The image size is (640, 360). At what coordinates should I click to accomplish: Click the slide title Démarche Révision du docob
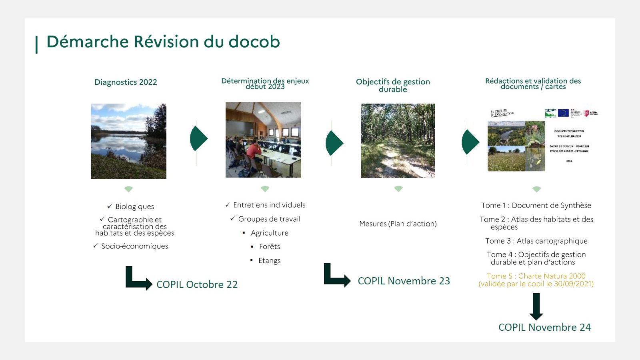point(163,42)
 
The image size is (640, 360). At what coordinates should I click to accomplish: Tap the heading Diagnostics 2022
point(126,82)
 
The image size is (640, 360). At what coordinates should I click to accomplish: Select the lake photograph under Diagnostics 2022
point(128,141)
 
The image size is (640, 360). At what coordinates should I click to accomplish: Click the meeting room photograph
point(263,140)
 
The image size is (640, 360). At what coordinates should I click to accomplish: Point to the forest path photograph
point(398,141)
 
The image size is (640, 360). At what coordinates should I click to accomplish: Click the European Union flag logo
point(563,113)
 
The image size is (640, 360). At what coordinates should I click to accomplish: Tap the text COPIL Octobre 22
point(197,284)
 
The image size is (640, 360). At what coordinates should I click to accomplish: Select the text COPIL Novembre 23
point(404,281)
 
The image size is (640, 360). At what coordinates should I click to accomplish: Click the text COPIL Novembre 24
point(544,327)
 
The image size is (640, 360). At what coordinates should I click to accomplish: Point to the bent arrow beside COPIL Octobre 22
point(137,278)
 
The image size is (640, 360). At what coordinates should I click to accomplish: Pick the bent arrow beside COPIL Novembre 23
point(336,275)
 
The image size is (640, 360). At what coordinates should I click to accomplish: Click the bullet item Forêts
point(270,246)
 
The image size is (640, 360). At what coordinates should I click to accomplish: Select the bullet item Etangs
point(270,260)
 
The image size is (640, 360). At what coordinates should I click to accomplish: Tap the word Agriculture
point(270,233)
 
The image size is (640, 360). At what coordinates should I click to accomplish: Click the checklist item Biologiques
point(135,206)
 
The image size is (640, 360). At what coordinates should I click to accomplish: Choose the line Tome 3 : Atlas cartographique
point(536,241)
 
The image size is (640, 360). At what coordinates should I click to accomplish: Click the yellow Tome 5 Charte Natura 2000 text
point(536,280)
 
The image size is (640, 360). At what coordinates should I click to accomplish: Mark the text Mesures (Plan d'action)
point(398,224)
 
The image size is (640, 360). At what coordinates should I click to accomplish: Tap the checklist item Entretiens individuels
point(269,205)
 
